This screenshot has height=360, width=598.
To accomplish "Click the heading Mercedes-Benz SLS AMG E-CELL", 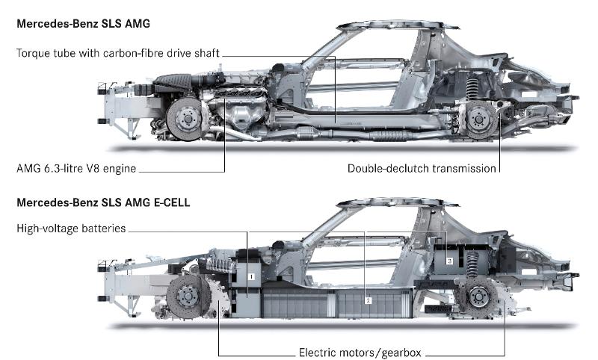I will [98, 202].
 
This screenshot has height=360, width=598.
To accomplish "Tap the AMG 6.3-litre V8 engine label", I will [75, 168].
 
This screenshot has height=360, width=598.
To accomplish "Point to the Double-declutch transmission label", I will [422, 168].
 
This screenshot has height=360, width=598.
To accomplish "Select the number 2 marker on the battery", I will [367, 300].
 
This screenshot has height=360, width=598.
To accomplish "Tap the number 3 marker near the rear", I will [449, 261].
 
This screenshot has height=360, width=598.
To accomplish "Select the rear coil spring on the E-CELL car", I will [472, 265].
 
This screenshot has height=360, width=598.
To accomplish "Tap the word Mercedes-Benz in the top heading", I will [55, 25].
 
